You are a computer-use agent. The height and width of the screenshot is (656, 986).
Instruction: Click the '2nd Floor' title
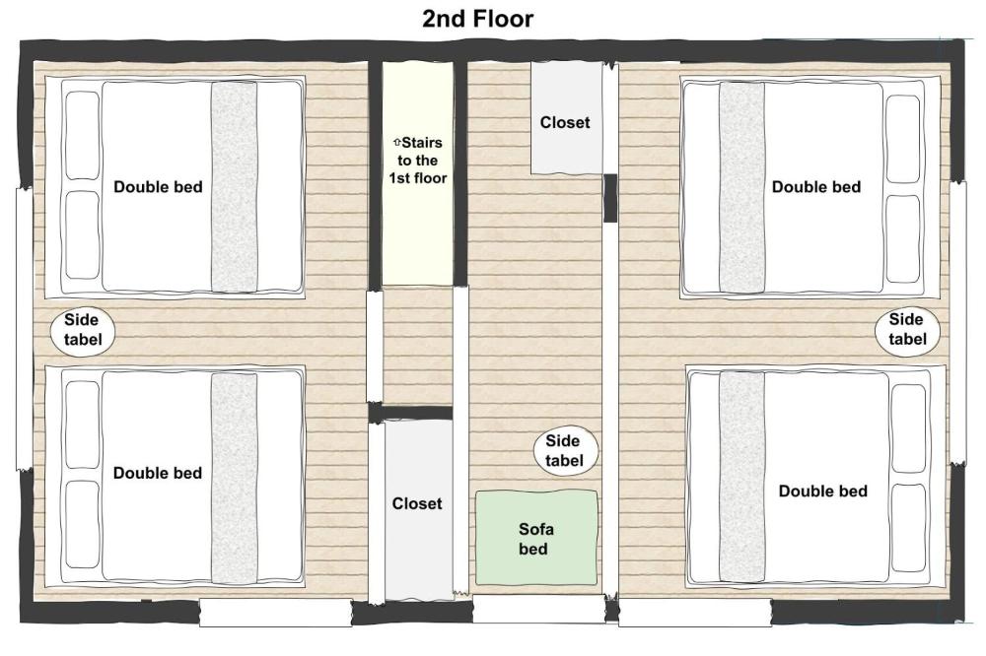[477, 18]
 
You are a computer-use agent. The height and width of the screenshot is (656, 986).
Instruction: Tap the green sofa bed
[536, 538]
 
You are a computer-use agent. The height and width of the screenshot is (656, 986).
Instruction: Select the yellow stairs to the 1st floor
[417, 173]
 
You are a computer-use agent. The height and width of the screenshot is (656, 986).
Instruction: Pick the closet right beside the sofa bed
[417, 508]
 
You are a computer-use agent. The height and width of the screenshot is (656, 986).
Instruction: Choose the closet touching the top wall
[566, 117]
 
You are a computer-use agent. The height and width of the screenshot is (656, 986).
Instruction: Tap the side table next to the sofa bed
[571, 451]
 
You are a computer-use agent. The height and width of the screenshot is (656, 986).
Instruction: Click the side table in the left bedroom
[83, 332]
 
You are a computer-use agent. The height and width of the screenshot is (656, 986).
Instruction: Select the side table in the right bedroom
[906, 330]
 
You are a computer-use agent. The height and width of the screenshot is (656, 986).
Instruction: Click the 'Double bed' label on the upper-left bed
[158, 187]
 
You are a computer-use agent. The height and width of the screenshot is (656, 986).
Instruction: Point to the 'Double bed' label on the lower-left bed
[158, 473]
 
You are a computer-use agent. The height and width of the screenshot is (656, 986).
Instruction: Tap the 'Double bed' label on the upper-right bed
[815, 187]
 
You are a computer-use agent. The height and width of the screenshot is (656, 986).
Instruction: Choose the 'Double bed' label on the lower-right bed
[822, 492]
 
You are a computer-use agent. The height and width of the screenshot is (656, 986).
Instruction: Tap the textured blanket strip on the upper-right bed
[741, 187]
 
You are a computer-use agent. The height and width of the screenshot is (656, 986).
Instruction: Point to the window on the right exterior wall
[957, 322]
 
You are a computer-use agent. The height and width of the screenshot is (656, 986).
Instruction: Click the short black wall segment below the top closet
[610, 198]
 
